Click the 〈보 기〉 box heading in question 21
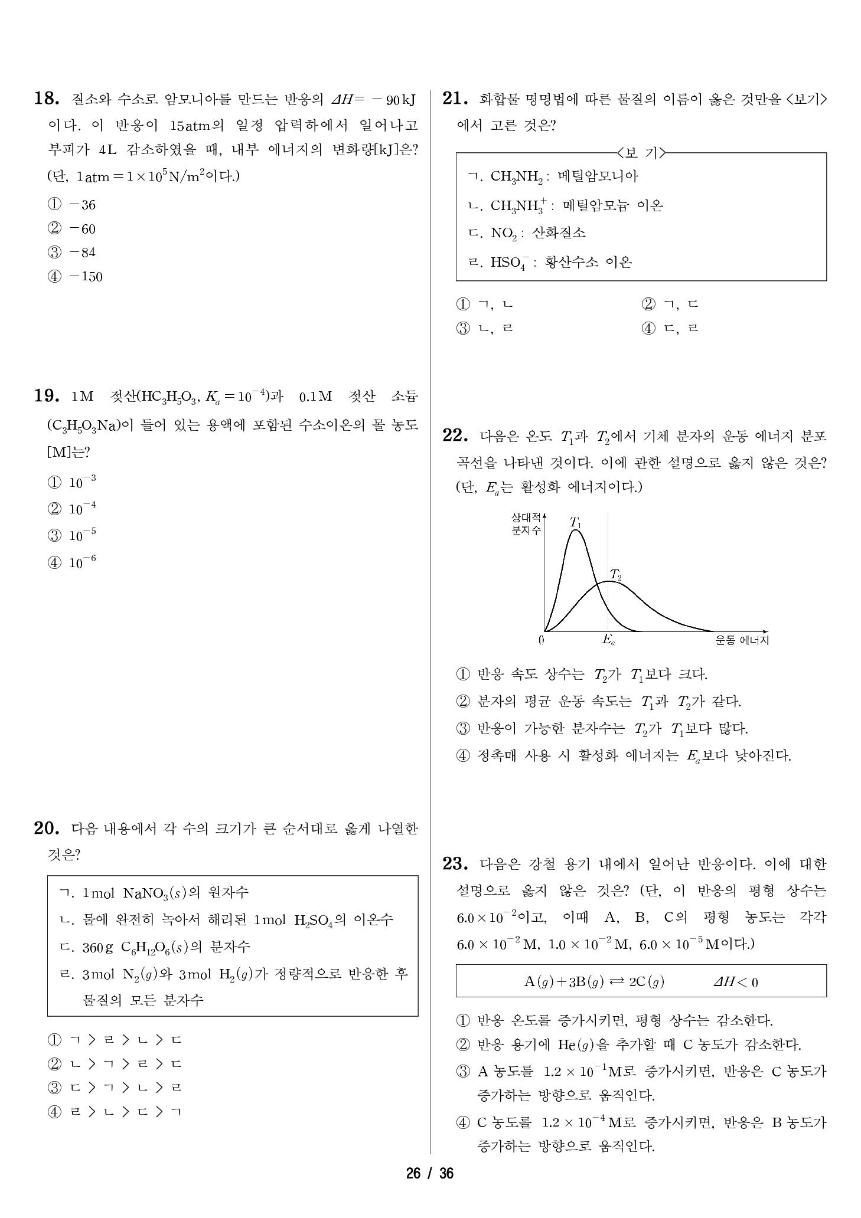[x=641, y=153]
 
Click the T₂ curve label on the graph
[x=615, y=575]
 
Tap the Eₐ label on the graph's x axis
[x=608, y=639]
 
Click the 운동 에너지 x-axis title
[x=742, y=640]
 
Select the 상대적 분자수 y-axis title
[x=526, y=524]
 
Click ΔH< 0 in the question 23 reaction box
[x=735, y=982]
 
